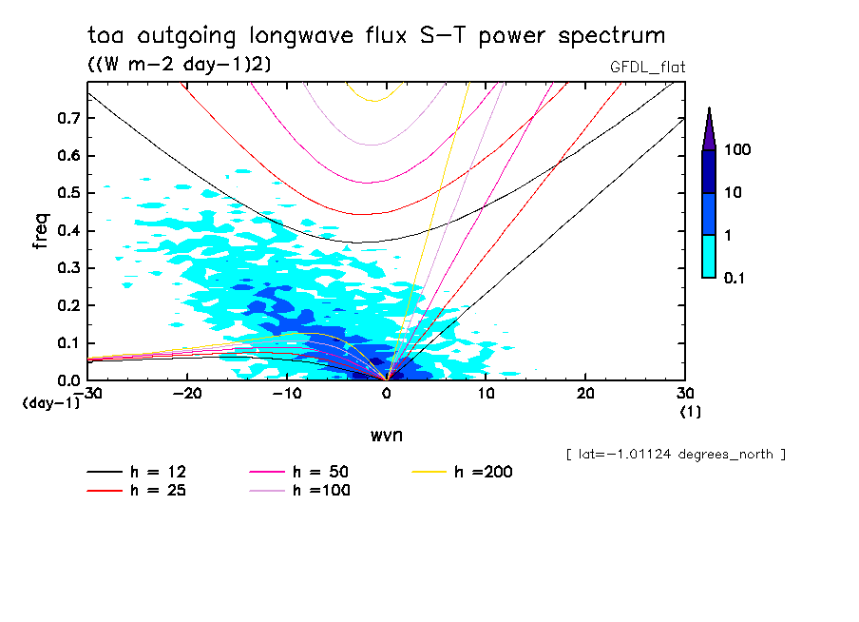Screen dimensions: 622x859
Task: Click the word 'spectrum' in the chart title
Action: coord(611,36)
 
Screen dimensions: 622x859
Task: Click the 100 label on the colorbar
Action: coord(737,150)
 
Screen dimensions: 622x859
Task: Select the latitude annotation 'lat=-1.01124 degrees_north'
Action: coord(676,454)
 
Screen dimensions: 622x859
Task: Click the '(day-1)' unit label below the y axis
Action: coord(49,403)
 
